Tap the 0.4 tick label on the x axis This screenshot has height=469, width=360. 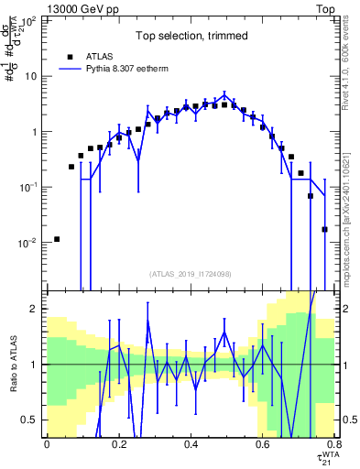coord(191,444)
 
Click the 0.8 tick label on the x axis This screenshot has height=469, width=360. coord(334,444)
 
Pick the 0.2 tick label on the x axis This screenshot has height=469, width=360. coord(118,444)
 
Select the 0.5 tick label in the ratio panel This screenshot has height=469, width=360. coord(30,420)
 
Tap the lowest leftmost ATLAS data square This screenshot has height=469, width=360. coord(57,239)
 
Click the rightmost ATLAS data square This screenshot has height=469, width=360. coord(325,229)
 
